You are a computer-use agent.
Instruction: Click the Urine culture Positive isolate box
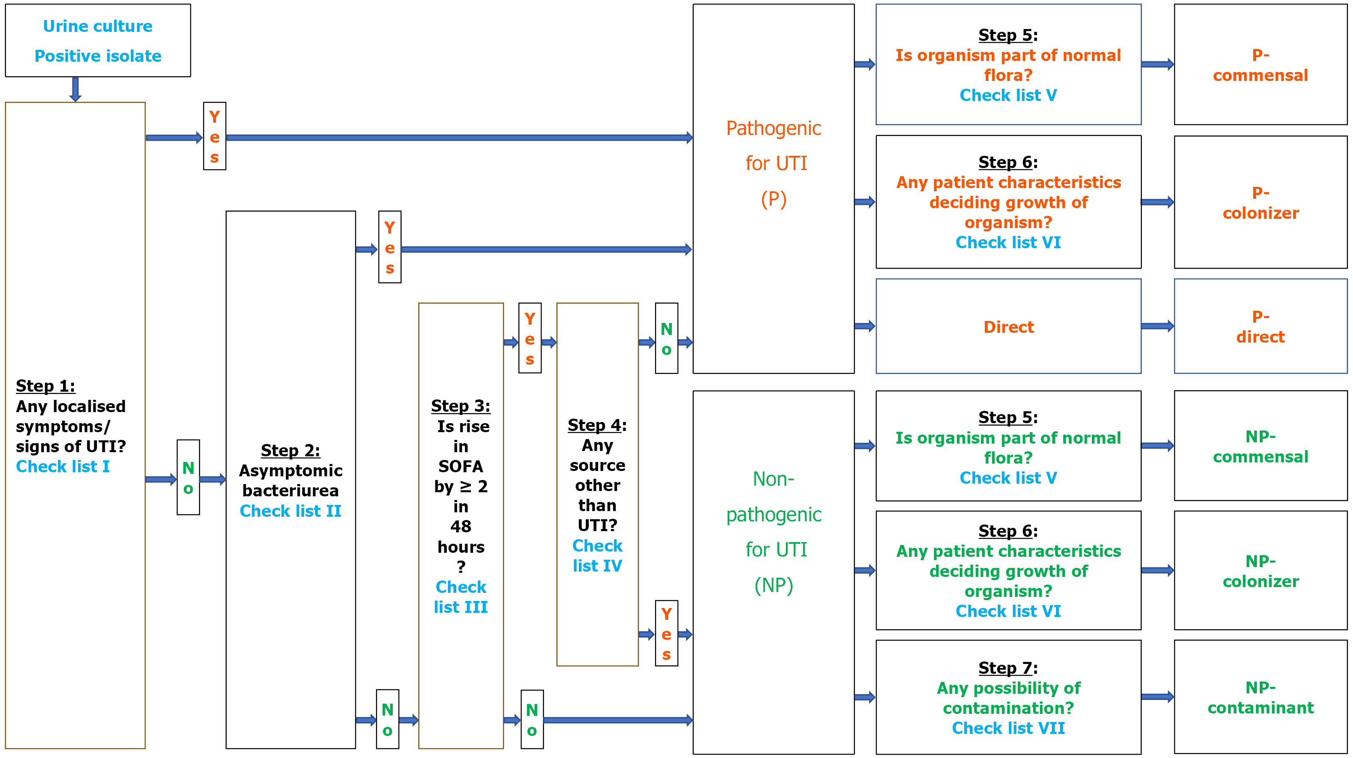click(x=98, y=40)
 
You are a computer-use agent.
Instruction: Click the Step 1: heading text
click(x=45, y=386)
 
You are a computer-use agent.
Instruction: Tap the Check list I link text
click(x=63, y=466)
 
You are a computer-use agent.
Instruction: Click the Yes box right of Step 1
click(x=214, y=136)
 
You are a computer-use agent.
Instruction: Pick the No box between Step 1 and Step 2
click(x=188, y=477)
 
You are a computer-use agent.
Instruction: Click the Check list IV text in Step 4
click(x=597, y=556)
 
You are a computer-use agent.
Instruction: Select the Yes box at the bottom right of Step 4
click(x=666, y=634)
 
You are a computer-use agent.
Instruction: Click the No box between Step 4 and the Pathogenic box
click(x=666, y=339)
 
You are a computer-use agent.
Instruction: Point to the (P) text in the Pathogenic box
click(x=773, y=200)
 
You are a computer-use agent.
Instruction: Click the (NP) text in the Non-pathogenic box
click(x=773, y=585)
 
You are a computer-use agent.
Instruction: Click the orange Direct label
click(x=1008, y=327)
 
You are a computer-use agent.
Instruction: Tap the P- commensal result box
click(x=1260, y=65)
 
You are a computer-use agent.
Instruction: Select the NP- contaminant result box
click(x=1260, y=697)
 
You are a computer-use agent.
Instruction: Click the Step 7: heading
click(x=1007, y=668)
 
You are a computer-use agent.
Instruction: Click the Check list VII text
click(x=1008, y=728)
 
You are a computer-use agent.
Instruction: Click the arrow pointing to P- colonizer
click(x=1157, y=202)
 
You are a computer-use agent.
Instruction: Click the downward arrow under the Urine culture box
click(x=75, y=89)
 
